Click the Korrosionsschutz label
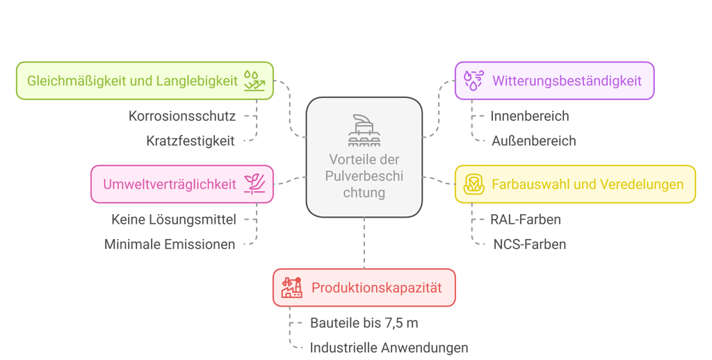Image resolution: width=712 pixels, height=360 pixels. pos(182,115)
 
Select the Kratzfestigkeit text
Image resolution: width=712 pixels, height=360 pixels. pos(191,140)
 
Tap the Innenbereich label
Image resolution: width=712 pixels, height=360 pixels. pos(529,115)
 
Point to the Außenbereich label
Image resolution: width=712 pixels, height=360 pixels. pos(533,140)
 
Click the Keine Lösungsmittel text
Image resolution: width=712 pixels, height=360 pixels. pos(174,220)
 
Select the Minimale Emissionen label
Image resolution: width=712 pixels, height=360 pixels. pos(170,244)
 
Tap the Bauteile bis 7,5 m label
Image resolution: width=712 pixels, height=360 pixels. pos(364,323)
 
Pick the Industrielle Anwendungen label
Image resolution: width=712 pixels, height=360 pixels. pos(389,347)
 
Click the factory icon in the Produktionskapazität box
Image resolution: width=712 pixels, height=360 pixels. pos(292,287)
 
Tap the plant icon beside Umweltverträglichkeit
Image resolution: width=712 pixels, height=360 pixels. pos(254,184)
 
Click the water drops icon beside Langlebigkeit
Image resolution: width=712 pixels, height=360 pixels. pos(254,81)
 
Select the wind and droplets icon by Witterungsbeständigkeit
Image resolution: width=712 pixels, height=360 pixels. pos(474,81)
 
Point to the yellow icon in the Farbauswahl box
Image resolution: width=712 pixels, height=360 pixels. pos(474,184)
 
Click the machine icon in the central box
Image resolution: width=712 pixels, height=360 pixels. pos(364,130)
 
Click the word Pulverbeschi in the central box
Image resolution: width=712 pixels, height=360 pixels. pos(364,177)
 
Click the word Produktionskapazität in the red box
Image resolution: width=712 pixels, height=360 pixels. pos(376,288)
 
